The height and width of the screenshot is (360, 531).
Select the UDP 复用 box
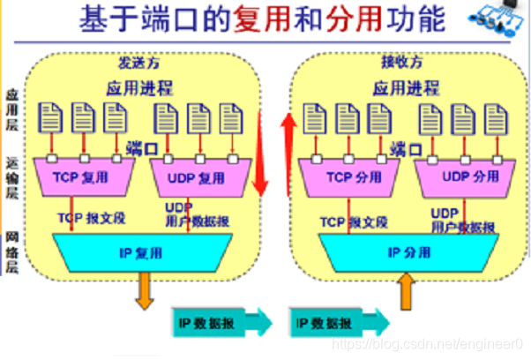(x=197, y=177)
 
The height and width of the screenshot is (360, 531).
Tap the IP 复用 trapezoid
(x=142, y=253)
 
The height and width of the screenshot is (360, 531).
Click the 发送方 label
(x=140, y=64)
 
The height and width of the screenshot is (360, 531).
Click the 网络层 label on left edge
(x=11, y=251)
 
